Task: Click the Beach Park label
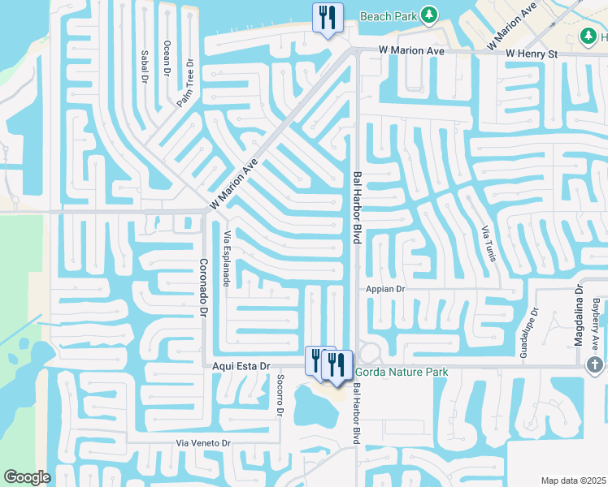[x=389, y=15]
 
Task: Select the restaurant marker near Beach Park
[x=328, y=18]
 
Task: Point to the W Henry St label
[x=531, y=54]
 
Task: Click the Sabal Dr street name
[x=145, y=66]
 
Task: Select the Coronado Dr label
[x=204, y=287]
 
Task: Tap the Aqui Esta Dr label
[x=241, y=367]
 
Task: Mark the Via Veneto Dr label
[x=205, y=443]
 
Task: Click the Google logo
[x=27, y=477]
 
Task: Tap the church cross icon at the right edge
[x=595, y=365]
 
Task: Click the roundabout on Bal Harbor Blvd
[x=370, y=355]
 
